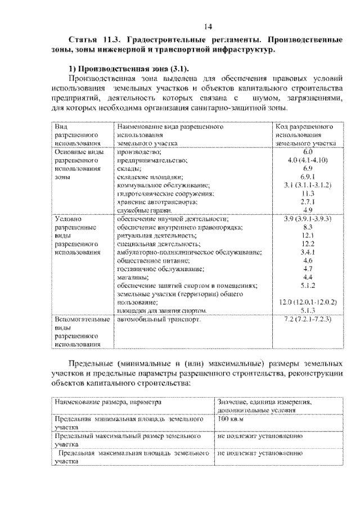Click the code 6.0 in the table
(307, 152)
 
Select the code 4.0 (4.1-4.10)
(307, 160)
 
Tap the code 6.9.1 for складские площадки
(307, 177)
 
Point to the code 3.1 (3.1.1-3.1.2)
(307, 184)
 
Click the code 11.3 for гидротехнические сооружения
(307, 193)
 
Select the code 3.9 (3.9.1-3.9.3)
(307, 218)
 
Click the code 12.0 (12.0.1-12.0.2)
(307, 302)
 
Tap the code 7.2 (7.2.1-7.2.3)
(307, 319)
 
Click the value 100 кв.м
(230, 420)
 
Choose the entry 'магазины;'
(133, 277)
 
